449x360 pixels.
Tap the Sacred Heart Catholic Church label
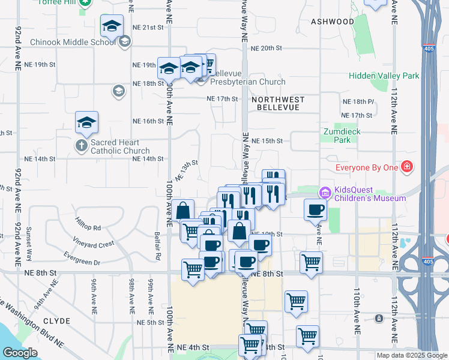[120, 147]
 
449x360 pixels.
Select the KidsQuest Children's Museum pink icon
[325, 193]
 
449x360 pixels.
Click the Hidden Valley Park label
[384, 76]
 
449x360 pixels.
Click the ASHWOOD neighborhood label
[333, 22]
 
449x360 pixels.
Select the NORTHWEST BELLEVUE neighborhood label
[278, 103]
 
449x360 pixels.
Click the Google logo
[20, 353]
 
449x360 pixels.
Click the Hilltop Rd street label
[88, 228]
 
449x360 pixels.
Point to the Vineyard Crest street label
[93, 244]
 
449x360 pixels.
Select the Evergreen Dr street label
[83, 262]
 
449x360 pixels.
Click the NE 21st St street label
[148, 28]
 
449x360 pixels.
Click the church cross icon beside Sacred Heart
[82, 145]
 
